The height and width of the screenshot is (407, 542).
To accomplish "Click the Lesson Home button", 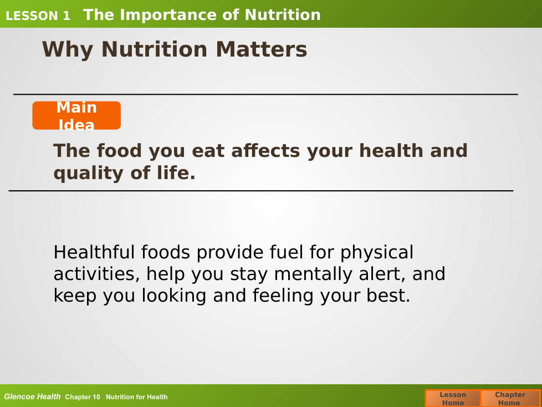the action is point(453,398).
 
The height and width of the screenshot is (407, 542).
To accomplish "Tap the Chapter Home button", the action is point(510,398).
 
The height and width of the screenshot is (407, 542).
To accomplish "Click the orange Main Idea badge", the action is point(76,115).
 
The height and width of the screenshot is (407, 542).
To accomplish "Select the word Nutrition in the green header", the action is point(283,15).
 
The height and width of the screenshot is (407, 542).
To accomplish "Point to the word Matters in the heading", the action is point(262,49).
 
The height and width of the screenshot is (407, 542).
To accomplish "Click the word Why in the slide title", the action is point(68,50).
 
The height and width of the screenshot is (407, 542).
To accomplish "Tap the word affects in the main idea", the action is point(265,150).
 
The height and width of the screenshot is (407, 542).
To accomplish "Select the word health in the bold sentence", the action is point(391,150).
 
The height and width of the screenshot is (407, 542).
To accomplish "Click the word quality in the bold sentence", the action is point(88,173).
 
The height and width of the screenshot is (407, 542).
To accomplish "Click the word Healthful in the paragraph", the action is point(93,252).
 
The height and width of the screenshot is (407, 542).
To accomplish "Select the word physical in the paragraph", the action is point(377,253).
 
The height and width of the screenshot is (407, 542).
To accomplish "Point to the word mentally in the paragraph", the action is point(313,274).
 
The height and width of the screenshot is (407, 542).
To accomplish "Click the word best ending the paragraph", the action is point(388,296).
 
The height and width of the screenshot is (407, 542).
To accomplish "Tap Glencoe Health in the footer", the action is point(32,396).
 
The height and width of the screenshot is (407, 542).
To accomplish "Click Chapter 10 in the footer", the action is point(82,397).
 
